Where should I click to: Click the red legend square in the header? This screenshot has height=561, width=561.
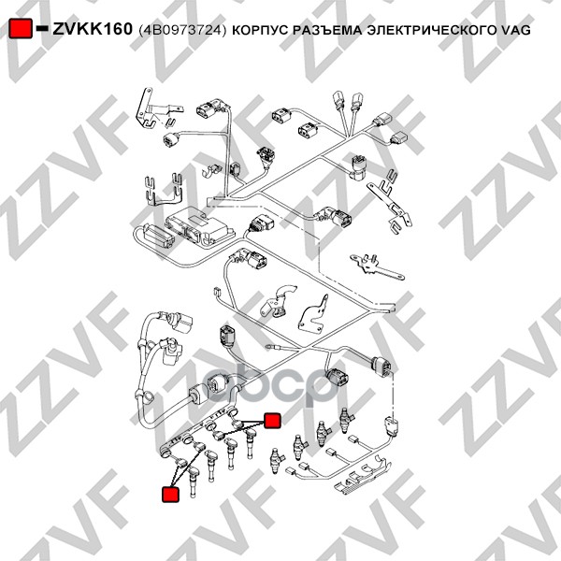click(x=20, y=28)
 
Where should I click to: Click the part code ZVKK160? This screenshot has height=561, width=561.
click(x=93, y=29)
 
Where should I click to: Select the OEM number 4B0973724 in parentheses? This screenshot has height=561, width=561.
click(x=182, y=30)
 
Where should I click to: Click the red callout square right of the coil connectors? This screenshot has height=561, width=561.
click(x=272, y=420)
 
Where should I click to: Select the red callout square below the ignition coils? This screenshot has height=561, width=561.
click(x=170, y=494)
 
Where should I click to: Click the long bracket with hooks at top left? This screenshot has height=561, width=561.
click(x=157, y=108)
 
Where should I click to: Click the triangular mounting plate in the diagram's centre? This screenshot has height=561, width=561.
click(x=314, y=315)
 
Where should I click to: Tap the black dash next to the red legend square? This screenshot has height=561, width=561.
click(x=42, y=27)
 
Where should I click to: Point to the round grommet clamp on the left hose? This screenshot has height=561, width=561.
click(x=144, y=396)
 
